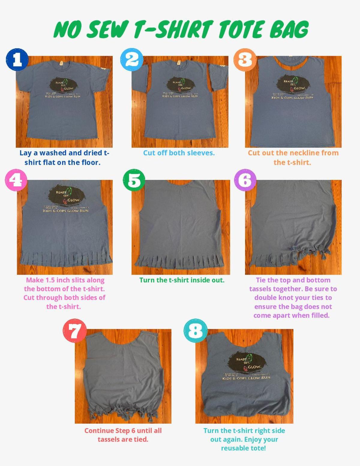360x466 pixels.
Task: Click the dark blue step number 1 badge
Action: [17, 59]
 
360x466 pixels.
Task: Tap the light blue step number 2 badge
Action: [131, 59]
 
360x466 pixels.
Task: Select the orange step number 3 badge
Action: [245, 59]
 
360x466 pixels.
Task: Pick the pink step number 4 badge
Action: [16, 180]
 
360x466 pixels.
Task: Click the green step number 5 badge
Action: [134, 180]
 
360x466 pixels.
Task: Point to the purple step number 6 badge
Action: [245, 180]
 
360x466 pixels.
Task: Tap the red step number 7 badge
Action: [74, 330]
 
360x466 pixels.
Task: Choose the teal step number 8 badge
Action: [195, 330]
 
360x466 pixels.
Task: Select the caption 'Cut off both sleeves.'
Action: [179, 153]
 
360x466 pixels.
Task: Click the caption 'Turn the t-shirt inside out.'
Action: [182, 280]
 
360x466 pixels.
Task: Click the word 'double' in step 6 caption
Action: [267, 298]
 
